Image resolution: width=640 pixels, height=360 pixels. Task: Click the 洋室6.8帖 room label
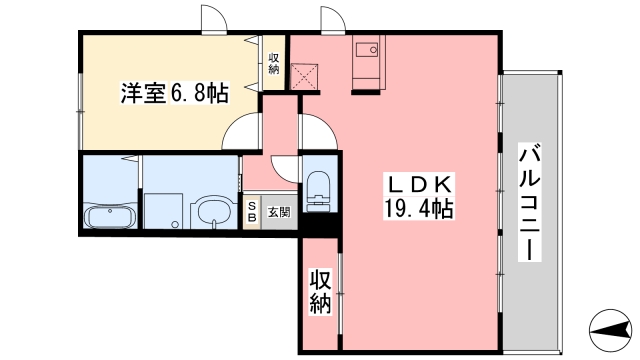(x=174, y=93)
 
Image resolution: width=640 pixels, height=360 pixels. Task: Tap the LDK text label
(x=419, y=185)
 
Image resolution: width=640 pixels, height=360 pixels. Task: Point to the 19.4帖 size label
(x=419, y=209)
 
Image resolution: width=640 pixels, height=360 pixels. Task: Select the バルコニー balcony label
(x=529, y=202)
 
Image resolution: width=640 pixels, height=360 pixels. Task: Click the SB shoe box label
(x=252, y=213)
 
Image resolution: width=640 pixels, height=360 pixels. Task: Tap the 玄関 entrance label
(x=279, y=212)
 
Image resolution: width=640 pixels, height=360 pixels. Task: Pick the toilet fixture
(x=319, y=191)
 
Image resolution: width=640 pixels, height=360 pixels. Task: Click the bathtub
(x=110, y=217)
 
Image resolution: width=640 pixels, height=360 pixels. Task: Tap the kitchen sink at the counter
(x=367, y=50)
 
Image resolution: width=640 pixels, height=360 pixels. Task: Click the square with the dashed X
(x=304, y=77)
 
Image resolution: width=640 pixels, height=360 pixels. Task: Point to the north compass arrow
(x=611, y=330)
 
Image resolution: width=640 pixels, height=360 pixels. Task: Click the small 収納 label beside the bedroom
(x=274, y=63)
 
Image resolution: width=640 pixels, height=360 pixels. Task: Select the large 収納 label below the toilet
(x=320, y=291)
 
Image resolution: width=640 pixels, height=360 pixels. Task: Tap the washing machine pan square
(x=163, y=211)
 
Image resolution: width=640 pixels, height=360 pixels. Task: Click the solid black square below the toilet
(x=320, y=224)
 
